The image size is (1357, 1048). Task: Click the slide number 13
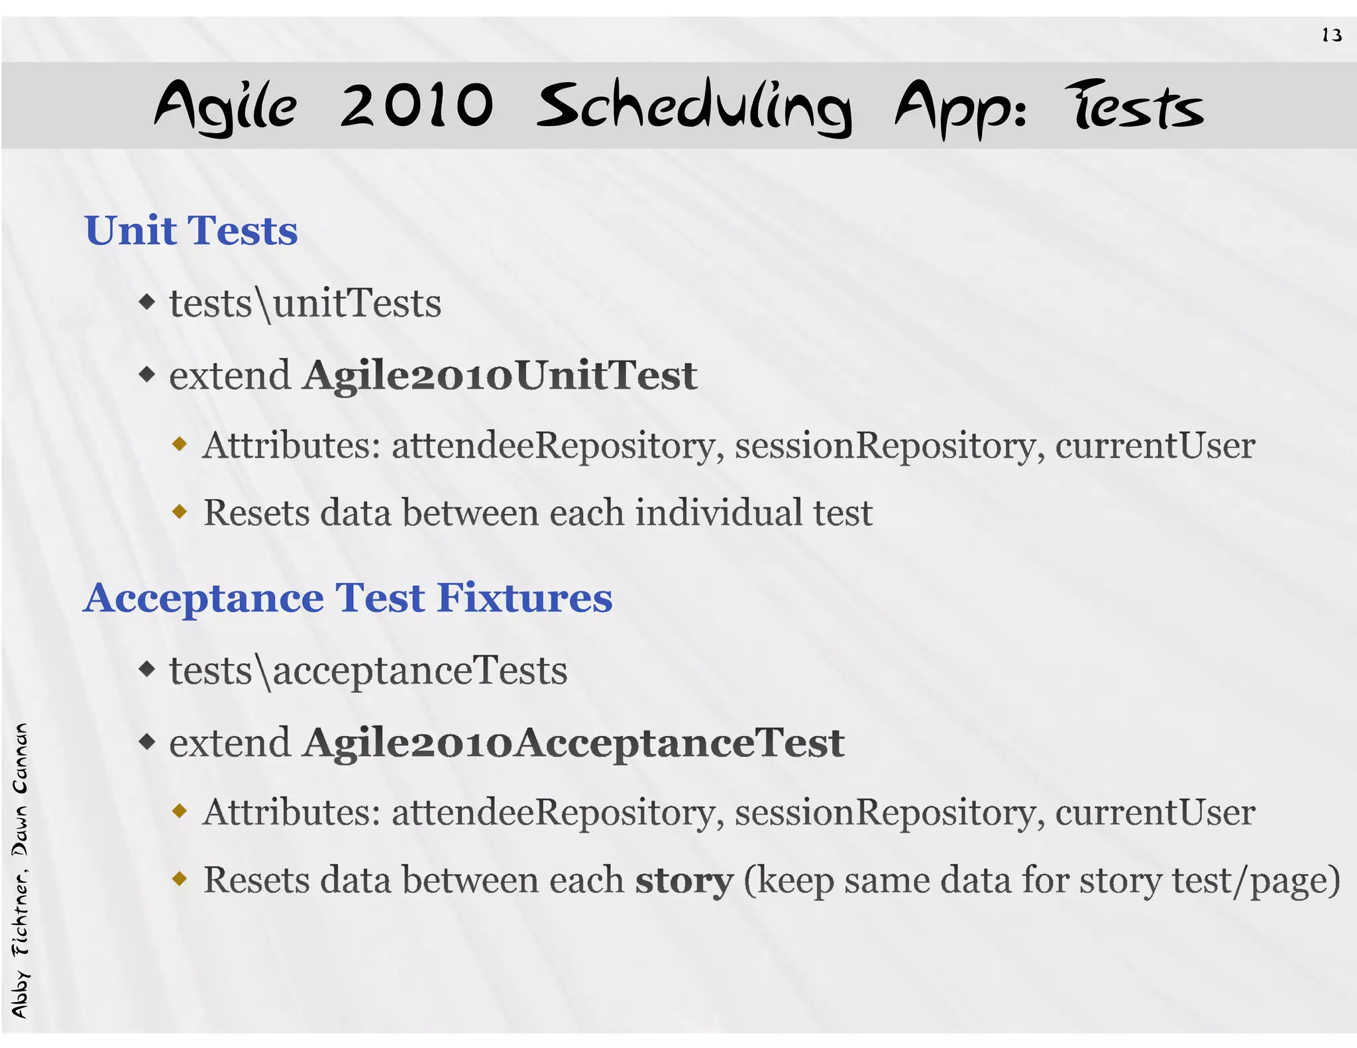point(1331,35)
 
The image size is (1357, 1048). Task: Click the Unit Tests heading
point(191,231)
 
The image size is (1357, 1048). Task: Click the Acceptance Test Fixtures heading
point(348,598)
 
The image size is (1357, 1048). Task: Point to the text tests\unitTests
point(305,303)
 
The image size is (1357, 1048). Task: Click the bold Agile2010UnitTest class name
point(500,375)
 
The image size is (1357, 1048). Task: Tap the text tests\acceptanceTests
point(368,670)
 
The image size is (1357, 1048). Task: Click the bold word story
point(684,880)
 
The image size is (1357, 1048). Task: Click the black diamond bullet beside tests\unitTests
point(147,303)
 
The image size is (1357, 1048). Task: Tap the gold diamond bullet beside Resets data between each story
point(180,879)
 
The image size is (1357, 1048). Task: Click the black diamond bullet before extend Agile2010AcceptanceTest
point(147,741)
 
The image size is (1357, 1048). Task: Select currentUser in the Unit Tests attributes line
point(1154,445)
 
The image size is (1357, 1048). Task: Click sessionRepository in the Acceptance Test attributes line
point(885,812)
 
